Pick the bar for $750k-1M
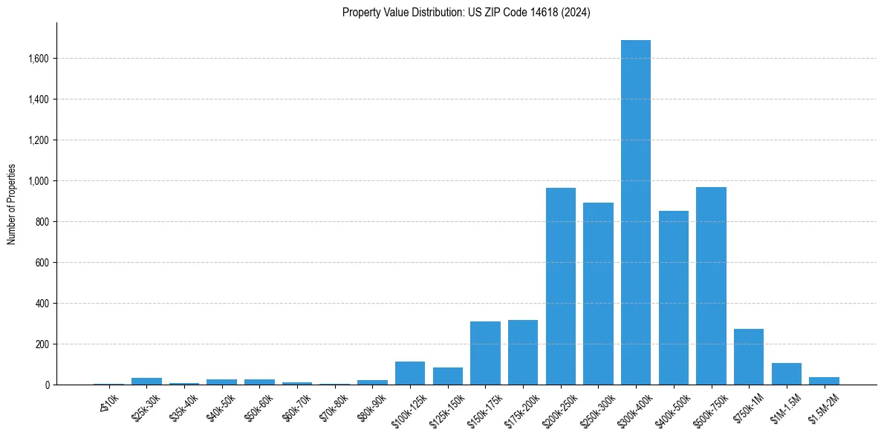tap(749, 357)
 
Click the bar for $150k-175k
tap(485, 353)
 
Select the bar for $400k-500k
tap(674, 298)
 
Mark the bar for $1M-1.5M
tap(787, 374)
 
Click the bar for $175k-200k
tap(523, 353)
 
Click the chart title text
tap(467, 13)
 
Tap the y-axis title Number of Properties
tap(12, 204)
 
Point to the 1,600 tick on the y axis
tap(38, 59)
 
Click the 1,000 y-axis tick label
tap(38, 181)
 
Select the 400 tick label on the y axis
tap(44, 304)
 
